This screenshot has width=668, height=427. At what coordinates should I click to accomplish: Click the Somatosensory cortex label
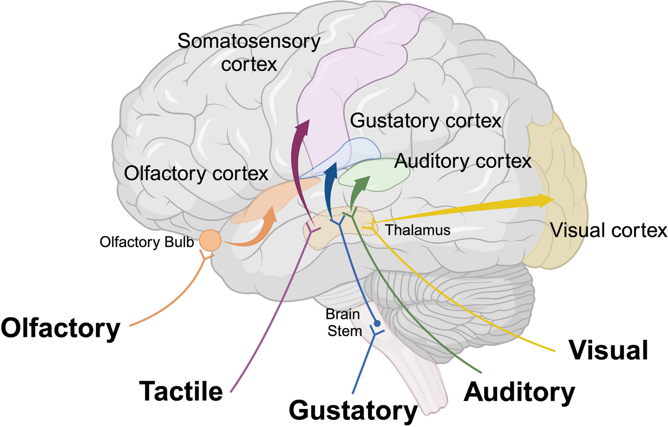point(249,52)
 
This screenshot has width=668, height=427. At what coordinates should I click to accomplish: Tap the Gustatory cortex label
point(426,121)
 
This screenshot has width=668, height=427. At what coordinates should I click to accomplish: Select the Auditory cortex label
point(463,161)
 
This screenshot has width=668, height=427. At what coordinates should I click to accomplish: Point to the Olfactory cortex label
point(196,174)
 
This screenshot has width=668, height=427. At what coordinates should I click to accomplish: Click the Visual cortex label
point(609,230)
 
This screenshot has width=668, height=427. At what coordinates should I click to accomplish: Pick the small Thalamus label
point(418,230)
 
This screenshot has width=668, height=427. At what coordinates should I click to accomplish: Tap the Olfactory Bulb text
point(147,242)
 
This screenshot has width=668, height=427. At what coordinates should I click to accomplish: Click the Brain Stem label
point(344,323)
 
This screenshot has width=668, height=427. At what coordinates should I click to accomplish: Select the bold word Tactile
point(181,391)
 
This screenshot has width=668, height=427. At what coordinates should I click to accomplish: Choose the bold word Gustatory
point(353,410)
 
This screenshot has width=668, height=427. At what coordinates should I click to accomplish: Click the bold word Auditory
point(519,392)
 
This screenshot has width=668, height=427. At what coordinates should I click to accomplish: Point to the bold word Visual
point(608,350)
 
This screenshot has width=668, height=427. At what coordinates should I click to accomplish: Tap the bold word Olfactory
point(60,328)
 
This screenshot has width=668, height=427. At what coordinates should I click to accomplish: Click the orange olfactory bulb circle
point(210,240)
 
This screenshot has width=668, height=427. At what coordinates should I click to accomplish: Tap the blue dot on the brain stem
point(377,323)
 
